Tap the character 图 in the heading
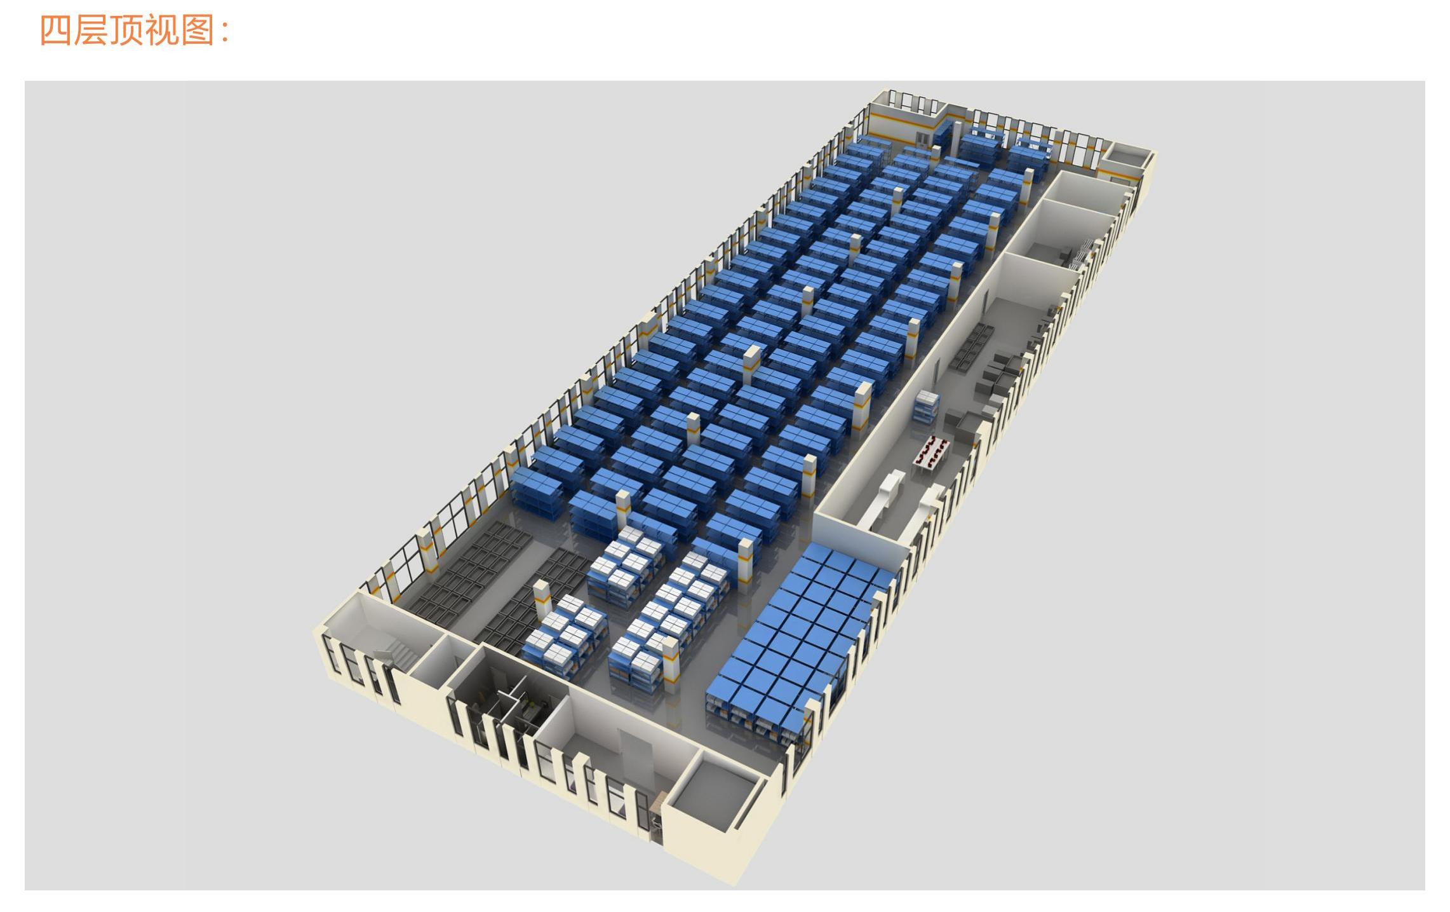tap(198, 30)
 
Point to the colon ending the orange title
tap(225, 32)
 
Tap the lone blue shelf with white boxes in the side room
tap(927, 405)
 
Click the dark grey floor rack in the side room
tap(972, 346)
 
